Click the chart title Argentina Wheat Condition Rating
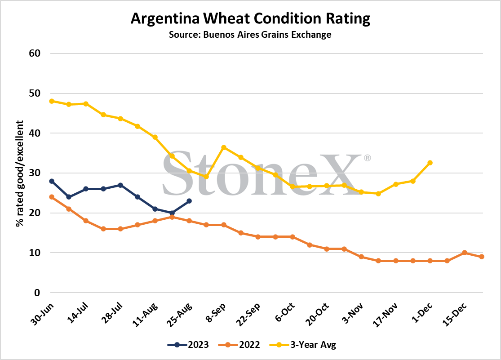250,19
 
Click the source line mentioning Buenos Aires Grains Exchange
250,35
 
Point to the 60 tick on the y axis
35,53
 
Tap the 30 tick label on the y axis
35,173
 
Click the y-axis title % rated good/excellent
20,173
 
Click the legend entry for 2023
188,345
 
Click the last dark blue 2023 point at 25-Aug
189,201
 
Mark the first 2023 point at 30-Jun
52,181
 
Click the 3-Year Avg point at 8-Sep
224,147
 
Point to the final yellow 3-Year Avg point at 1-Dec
430,163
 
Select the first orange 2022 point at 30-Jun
52,197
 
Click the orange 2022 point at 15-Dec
465,253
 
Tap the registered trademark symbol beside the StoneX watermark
367,158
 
